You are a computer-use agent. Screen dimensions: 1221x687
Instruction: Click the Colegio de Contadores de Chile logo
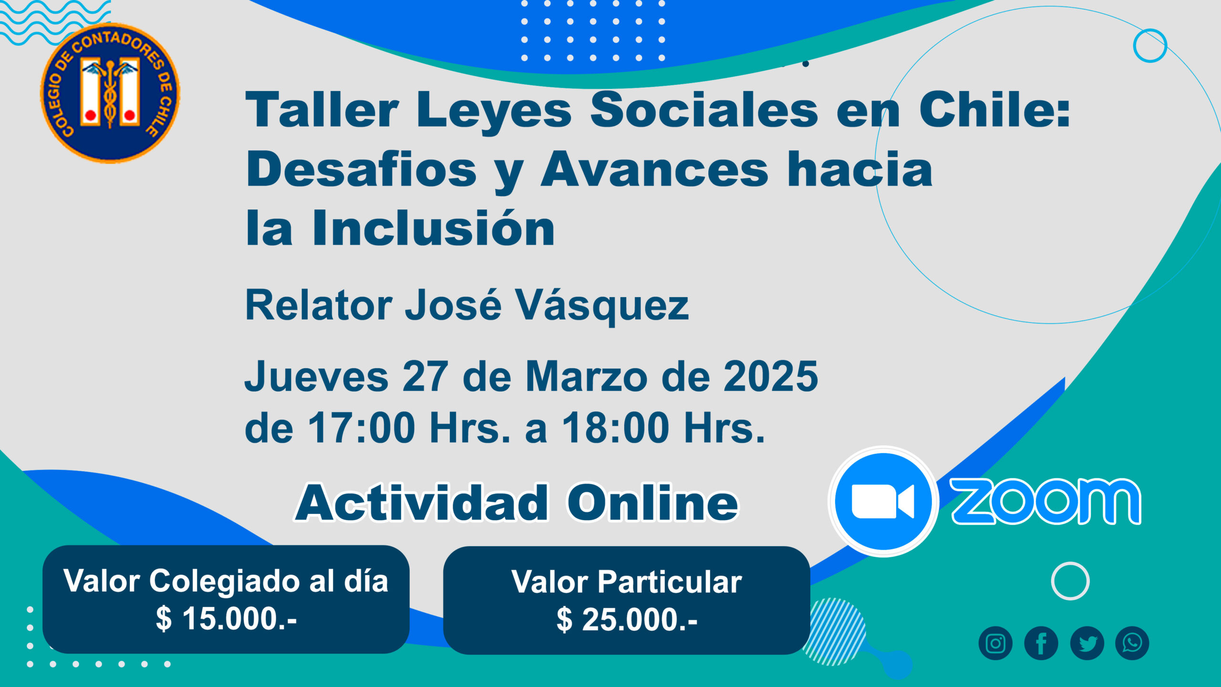(x=110, y=93)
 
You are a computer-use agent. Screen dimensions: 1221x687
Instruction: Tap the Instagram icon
(x=995, y=643)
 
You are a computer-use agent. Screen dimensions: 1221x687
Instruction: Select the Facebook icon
(x=1041, y=643)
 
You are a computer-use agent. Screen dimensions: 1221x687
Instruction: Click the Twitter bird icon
(x=1087, y=643)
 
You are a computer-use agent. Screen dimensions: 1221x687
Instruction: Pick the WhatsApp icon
(x=1132, y=643)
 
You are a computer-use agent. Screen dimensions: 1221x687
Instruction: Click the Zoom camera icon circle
(x=884, y=501)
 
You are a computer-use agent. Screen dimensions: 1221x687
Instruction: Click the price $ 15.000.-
(x=227, y=619)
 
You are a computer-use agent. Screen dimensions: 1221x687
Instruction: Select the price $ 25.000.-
(x=627, y=620)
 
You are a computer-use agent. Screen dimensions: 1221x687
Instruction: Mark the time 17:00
(x=362, y=427)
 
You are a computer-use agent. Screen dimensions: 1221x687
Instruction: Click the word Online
(x=653, y=503)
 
